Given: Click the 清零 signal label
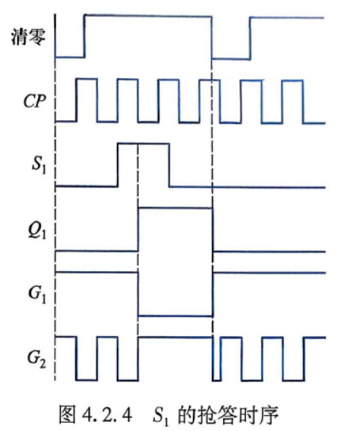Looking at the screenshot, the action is pos(28,36).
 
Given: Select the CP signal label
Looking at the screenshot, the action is pos(34,101).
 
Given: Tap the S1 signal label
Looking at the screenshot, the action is pos(39,165).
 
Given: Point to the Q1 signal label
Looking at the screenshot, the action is pos(37,230).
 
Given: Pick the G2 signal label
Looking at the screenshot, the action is pos(36,359).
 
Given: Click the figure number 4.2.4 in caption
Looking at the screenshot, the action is pos(107,415).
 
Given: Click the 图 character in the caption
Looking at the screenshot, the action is pos(68,415).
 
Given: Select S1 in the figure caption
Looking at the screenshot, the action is pos(161,416).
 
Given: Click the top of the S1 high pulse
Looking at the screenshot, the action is pos(143,143).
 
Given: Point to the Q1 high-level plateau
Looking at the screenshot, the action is pos(175,208).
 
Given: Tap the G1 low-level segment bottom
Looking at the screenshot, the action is pos(175,316).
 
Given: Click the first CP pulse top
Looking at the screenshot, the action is pos(87,79).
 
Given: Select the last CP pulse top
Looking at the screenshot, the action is pos(293,81).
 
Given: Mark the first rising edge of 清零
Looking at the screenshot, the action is pos(84,36).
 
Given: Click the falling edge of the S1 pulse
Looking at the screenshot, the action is pos(169,165).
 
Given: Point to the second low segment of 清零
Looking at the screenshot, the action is pos(231,59).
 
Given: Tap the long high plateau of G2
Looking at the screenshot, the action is pos(175,338).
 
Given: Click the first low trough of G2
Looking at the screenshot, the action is pos(87,380).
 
